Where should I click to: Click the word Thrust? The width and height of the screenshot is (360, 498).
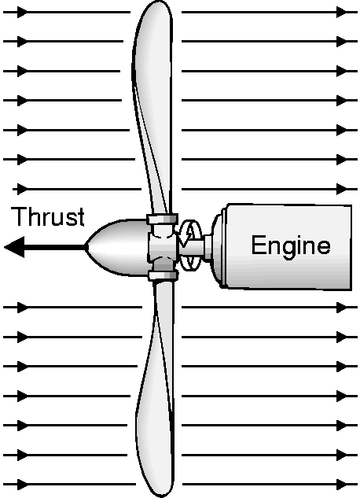pos(48,216)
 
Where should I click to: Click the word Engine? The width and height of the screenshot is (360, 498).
pos(291,246)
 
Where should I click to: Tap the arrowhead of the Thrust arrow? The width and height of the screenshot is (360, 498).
pos(14,247)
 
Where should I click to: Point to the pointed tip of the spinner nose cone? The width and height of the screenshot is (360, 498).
pos(86,247)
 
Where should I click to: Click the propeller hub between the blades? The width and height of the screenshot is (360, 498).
pos(162,247)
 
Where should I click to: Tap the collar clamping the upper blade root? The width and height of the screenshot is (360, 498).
pos(162,219)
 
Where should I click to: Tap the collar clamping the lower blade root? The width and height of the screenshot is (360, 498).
pos(163,275)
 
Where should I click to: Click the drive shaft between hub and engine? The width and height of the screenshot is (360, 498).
pos(193,247)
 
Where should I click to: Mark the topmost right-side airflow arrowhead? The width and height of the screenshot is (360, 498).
pos(343,13)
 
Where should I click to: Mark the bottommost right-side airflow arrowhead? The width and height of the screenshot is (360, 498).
pos(343,485)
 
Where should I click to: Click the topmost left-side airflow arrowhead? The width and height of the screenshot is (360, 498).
pos(23,13)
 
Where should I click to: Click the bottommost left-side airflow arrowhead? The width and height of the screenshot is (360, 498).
pos(23,485)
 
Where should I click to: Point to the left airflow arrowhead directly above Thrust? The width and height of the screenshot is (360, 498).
pos(23,189)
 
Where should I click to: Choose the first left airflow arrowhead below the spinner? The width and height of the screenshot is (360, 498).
pos(23,307)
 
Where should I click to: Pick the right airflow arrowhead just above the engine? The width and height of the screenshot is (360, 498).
pos(343,189)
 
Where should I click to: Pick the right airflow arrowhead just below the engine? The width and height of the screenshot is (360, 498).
pos(343,307)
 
